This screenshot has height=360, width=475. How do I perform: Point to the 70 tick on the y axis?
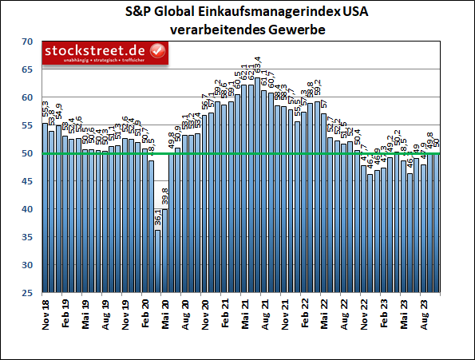point(27,42)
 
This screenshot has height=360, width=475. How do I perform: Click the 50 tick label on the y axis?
point(27,153)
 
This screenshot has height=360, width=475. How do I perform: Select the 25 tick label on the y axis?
point(27,293)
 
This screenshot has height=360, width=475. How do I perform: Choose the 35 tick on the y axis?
point(27,237)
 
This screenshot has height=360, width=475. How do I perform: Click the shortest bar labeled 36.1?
point(158,261)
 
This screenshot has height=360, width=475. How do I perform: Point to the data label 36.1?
point(157,219)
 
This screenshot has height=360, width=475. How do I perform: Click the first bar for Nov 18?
point(46,208)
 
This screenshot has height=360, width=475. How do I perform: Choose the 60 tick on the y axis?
point(27,97)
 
